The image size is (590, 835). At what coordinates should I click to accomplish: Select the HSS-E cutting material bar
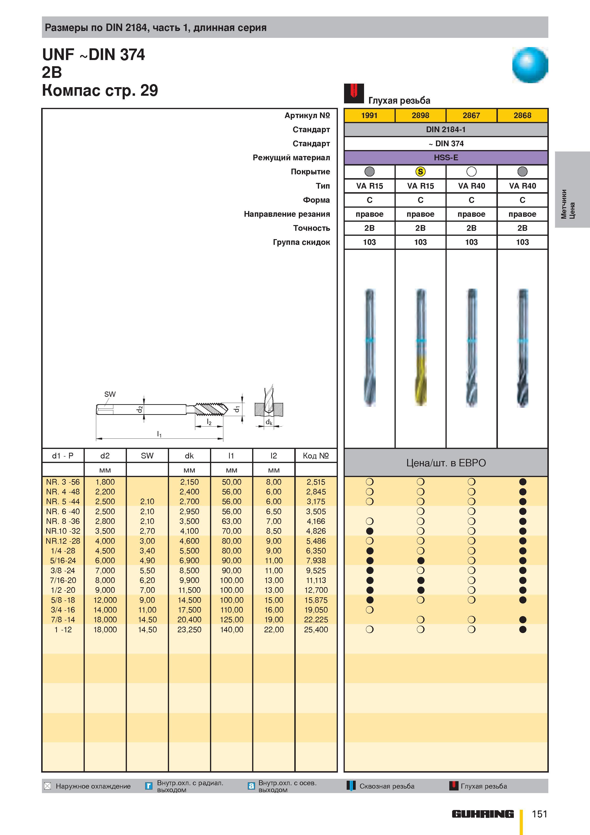tap(446, 157)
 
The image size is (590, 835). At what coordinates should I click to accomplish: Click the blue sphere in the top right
tap(530, 65)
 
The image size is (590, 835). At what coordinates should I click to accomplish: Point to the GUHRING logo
tap(483, 814)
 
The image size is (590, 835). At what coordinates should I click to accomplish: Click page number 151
tap(540, 814)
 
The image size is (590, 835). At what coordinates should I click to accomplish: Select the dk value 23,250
tap(189, 629)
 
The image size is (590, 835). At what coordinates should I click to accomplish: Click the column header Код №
tap(316, 456)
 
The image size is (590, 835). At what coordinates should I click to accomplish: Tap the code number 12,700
tap(316, 590)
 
